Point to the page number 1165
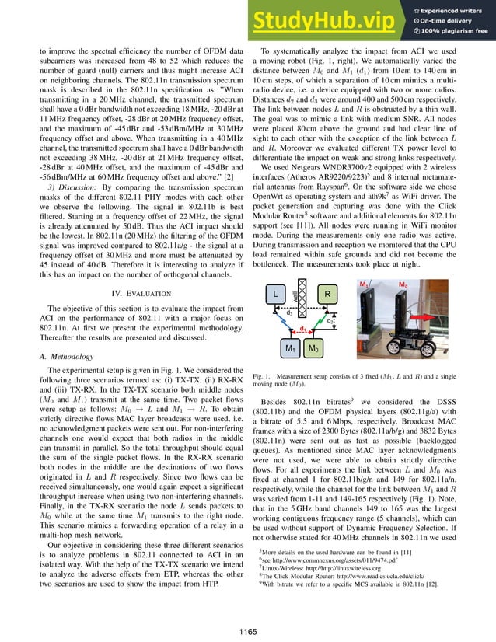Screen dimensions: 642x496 [x=248, y=627]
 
